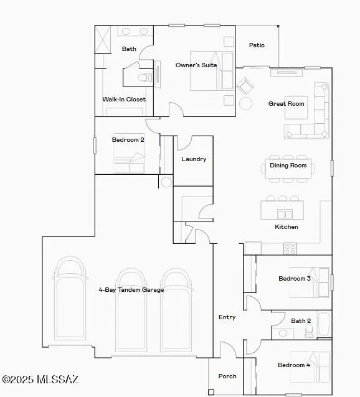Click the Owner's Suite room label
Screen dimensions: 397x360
pos(196,65)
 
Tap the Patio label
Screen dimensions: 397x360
pos(257,45)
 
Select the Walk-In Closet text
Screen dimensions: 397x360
pos(124,99)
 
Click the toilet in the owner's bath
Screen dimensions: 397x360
pos(143,78)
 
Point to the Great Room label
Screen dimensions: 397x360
pos(287,103)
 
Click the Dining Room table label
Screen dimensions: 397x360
pos(288,166)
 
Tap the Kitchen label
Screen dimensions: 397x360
pos(287,227)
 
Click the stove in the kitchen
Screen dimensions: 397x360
pos(290,248)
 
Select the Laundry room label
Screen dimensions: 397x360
pos(194,159)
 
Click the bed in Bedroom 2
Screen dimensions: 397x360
pos(129,163)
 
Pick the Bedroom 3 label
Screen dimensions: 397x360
pos(295,278)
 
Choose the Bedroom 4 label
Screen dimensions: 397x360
pos(294,365)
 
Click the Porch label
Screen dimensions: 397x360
pos(227,376)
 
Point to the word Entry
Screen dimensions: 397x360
pos(227,317)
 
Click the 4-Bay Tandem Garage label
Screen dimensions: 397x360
pos(131,290)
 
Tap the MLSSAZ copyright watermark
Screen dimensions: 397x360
pos(40,379)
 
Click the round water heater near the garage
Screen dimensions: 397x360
pos(165,182)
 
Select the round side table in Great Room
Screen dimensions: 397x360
pos(246,103)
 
